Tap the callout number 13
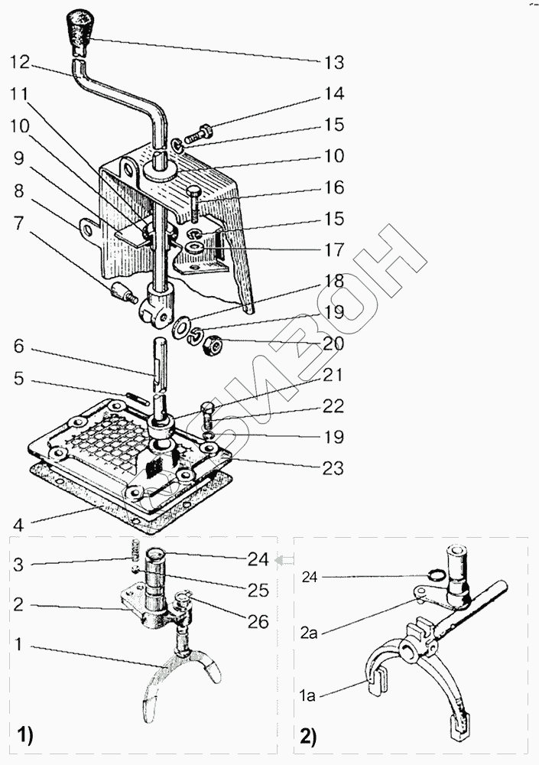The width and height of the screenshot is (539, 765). point(333,62)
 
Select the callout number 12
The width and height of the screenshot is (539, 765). point(20,61)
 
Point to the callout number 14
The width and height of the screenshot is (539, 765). point(333,94)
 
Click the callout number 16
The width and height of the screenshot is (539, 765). point(333,187)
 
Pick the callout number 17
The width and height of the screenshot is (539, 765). point(333,250)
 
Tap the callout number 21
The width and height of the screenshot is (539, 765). point(333,376)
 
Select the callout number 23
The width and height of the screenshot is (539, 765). point(333,467)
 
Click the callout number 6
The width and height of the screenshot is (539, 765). point(18,347)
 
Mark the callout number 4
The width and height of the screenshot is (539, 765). point(18,525)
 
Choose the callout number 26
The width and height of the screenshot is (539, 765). point(258,622)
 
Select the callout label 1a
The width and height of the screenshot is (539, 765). point(307,695)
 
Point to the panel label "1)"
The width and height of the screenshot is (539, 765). point(24,737)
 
